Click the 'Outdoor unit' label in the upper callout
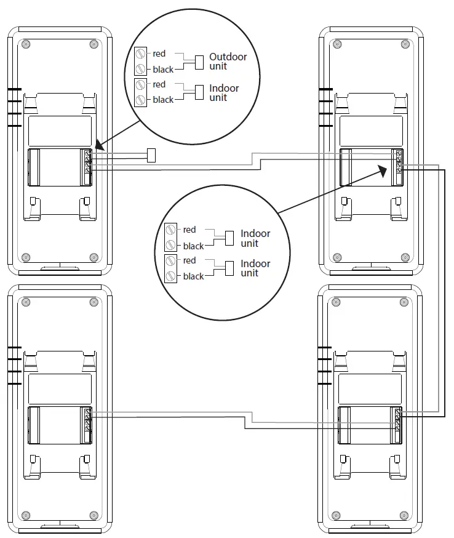point(228,61)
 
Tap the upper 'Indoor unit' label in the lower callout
point(255,238)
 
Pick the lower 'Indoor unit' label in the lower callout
point(255,268)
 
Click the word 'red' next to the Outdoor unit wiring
point(159,54)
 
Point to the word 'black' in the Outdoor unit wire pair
point(163,70)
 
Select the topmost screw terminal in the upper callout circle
point(141,54)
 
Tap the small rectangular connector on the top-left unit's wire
point(151,155)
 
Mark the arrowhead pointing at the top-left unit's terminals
point(99,148)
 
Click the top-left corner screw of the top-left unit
point(25,44)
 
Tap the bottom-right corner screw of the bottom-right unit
point(405,514)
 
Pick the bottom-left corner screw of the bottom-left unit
point(25,514)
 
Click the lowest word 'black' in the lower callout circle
point(193,276)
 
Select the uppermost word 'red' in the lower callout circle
point(189,230)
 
